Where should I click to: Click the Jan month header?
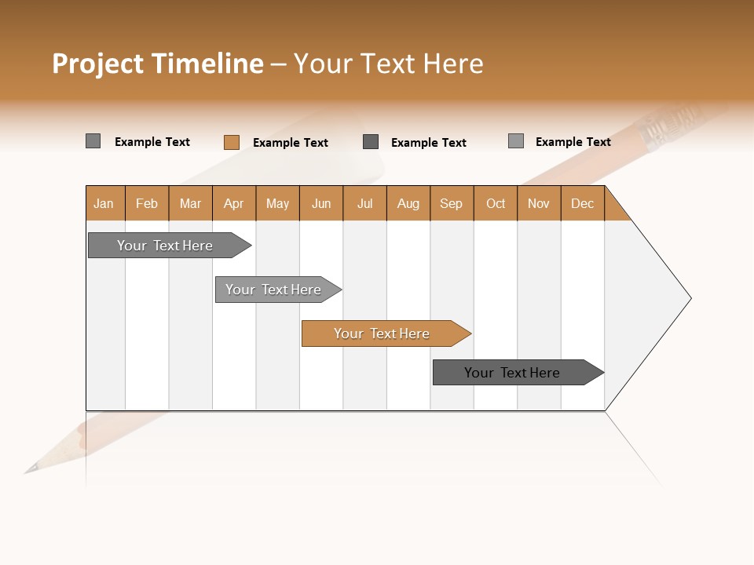pyautogui.click(x=104, y=203)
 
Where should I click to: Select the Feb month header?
pyautogui.click(x=147, y=203)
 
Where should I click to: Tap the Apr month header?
pyautogui.click(x=233, y=203)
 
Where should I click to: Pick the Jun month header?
pyautogui.click(x=321, y=203)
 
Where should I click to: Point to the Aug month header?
pyautogui.click(x=408, y=203)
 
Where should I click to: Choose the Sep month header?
pyautogui.click(x=451, y=203)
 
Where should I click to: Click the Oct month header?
pyautogui.click(x=496, y=203)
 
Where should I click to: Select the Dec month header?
pyautogui.click(x=582, y=203)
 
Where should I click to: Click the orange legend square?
pyautogui.click(x=231, y=142)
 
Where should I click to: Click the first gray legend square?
pyautogui.click(x=93, y=141)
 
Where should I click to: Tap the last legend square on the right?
pyautogui.click(x=515, y=141)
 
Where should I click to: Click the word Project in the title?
pyautogui.click(x=98, y=64)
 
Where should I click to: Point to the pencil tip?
pyautogui.click(x=30, y=469)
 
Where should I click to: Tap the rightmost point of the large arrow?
pyautogui.click(x=690, y=297)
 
